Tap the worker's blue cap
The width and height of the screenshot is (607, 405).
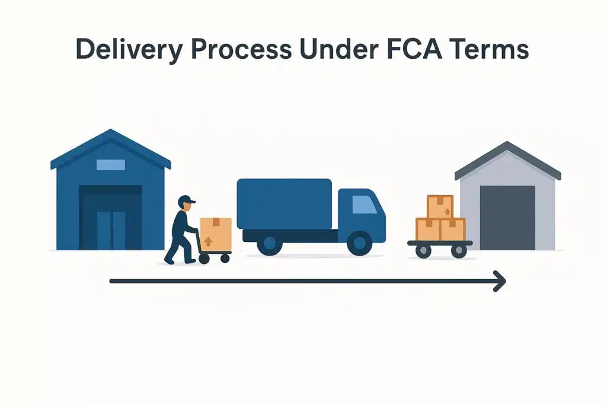[x=186, y=199]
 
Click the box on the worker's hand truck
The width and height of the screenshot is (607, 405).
[x=216, y=234]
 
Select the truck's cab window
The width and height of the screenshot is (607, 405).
[x=363, y=205]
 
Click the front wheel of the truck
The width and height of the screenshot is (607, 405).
[x=358, y=244]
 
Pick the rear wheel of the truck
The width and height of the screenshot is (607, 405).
[x=269, y=244]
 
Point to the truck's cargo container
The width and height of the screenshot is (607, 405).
[x=284, y=203]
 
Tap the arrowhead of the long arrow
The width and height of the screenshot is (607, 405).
[x=499, y=281]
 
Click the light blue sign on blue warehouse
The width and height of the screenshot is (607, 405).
[x=110, y=165]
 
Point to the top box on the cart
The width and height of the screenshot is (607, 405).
[x=440, y=207]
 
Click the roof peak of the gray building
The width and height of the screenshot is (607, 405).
[x=507, y=144]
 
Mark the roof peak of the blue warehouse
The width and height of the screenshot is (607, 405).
[x=110, y=132]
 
